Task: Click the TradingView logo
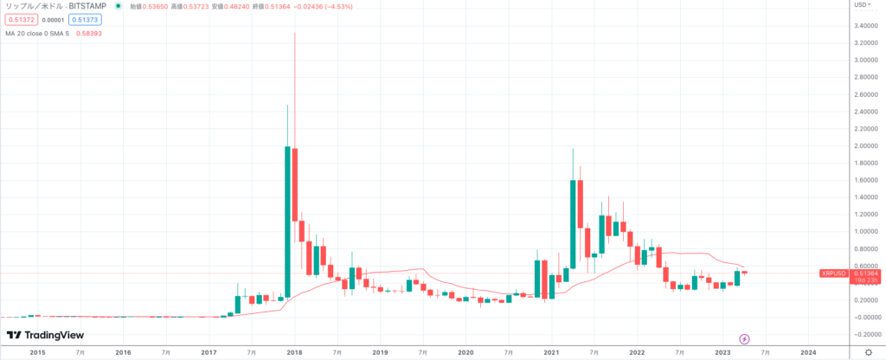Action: (x=39, y=335)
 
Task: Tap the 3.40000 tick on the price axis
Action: (x=866, y=26)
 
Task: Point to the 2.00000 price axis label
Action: (x=866, y=145)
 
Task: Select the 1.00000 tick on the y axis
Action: (x=866, y=231)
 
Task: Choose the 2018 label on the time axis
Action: (x=294, y=352)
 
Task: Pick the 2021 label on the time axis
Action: (x=551, y=352)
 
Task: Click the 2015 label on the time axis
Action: (x=37, y=352)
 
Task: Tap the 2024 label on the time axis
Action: (x=808, y=352)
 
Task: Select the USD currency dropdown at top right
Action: (x=861, y=5)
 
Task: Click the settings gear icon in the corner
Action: (x=869, y=352)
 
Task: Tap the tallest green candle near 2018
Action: (x=286, y=222)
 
